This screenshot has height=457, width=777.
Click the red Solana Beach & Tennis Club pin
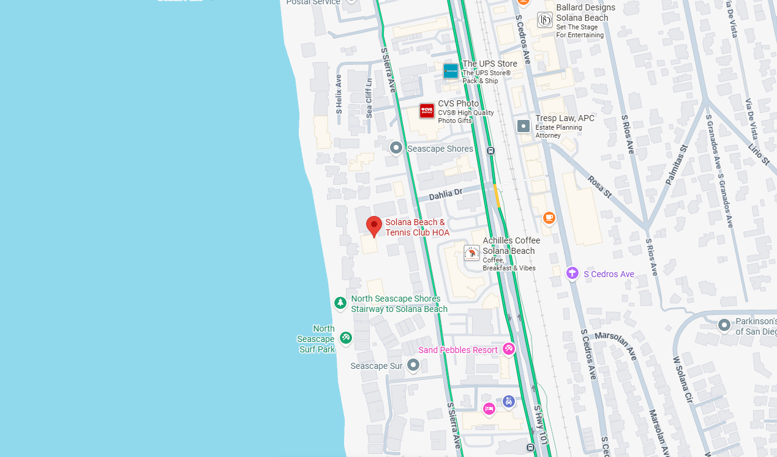pyautogui.click(x=374, y=226)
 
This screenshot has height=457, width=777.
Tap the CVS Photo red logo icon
pyautogui.click(x=427, y=111)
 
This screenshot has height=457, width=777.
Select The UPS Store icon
pyautogui.click(x=451, y=71)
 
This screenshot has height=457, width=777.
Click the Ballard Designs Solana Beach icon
pyautogui.click(x=545, y=20)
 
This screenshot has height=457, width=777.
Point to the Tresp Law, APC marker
pyautogui.click(x=524, y=126)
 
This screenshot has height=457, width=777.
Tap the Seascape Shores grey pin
pyautogui.click(x=396, y=147)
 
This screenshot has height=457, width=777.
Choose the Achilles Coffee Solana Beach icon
pyautogui.click(x=471, y=253)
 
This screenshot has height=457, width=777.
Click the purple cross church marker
pyautogui.click(x=572, y=273)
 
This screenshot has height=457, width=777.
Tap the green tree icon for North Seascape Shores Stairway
pyautogui.click(x=340, y=302)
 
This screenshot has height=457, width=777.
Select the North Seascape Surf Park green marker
pyautogui.click(x=346, y=336)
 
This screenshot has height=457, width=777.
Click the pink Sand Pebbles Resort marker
pyautogui.click(x=508, y=349)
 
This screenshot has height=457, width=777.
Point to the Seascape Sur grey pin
pyautogui.click(x=413, y=365)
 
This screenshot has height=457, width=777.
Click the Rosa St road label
pyautogui.click(x=599, y=187)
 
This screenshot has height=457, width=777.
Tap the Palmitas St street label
pyautogui.click(x=675, y=165)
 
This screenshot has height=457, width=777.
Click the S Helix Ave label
pyautogui.click(x=339, y=95)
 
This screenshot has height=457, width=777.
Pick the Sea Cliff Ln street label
pyautogui.click(x=369, y=98)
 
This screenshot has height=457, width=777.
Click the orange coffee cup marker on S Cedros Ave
pyautogui.click(x=549, y=217)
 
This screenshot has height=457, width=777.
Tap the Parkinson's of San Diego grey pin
pyautogui.click(x=724, y=325)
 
